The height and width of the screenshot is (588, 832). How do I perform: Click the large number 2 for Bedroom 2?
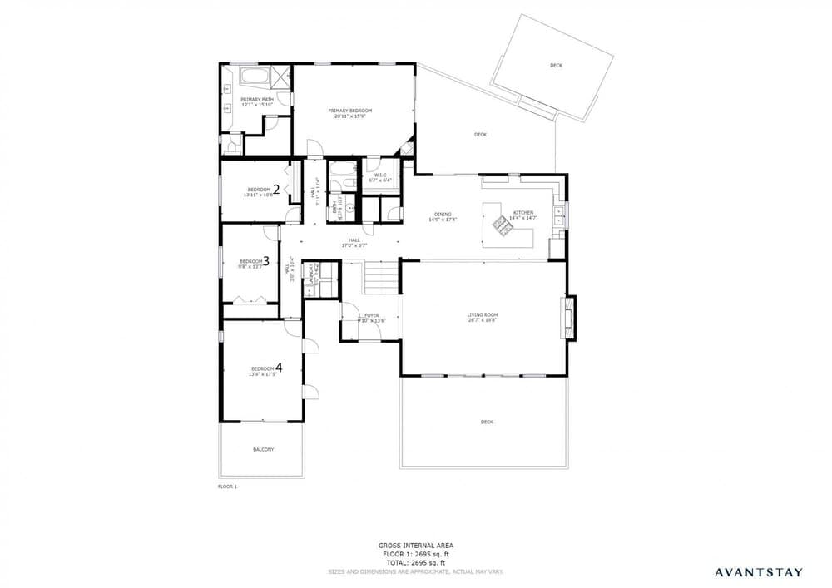[x=275, y=189]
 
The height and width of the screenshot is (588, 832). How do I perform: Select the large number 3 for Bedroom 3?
[x=265, y=259]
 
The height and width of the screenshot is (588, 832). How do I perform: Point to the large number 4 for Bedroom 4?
[x=279, y=367]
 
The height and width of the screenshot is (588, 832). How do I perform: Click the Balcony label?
[x=263, y=449]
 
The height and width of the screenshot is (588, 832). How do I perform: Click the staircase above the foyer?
[x=382, y=278]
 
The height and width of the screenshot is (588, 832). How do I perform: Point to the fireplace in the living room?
[x=570, y=317]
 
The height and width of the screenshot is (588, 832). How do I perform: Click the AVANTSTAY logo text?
[x=759, y=571]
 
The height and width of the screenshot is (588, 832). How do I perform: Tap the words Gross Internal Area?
[x=415, y=546]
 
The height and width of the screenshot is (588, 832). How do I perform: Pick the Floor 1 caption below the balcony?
[x=227, y=486]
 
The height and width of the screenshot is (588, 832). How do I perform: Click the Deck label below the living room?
[x=487, y=422]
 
